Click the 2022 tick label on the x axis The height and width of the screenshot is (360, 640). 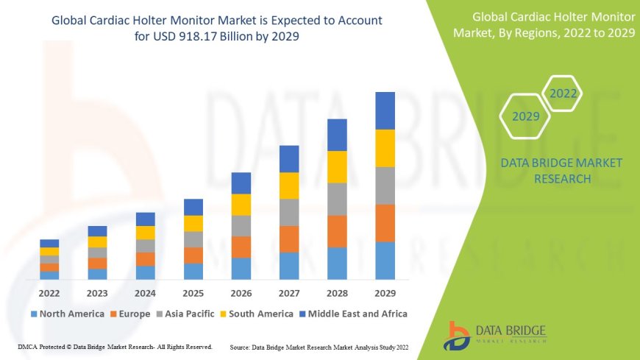[49, 292]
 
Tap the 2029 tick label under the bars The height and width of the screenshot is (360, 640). [385, 292]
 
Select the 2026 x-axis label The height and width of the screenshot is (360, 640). [241, 292]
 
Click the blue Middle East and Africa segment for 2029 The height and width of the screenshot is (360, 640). [385, 110]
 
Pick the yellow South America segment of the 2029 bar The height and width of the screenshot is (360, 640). [385, 148]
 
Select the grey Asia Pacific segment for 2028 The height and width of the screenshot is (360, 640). [337, 199]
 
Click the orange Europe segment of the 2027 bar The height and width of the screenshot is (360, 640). [289, 239]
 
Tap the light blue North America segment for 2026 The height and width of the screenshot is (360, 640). [241, 268]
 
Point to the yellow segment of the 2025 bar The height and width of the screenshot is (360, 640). [193, 223]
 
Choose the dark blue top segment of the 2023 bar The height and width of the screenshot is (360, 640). [97, 231]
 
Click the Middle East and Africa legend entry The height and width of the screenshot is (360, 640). [353, 314]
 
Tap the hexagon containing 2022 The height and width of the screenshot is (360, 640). [563, 93]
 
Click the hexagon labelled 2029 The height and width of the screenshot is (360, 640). [526, 116]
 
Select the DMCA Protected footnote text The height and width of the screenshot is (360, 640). [114, 346]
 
